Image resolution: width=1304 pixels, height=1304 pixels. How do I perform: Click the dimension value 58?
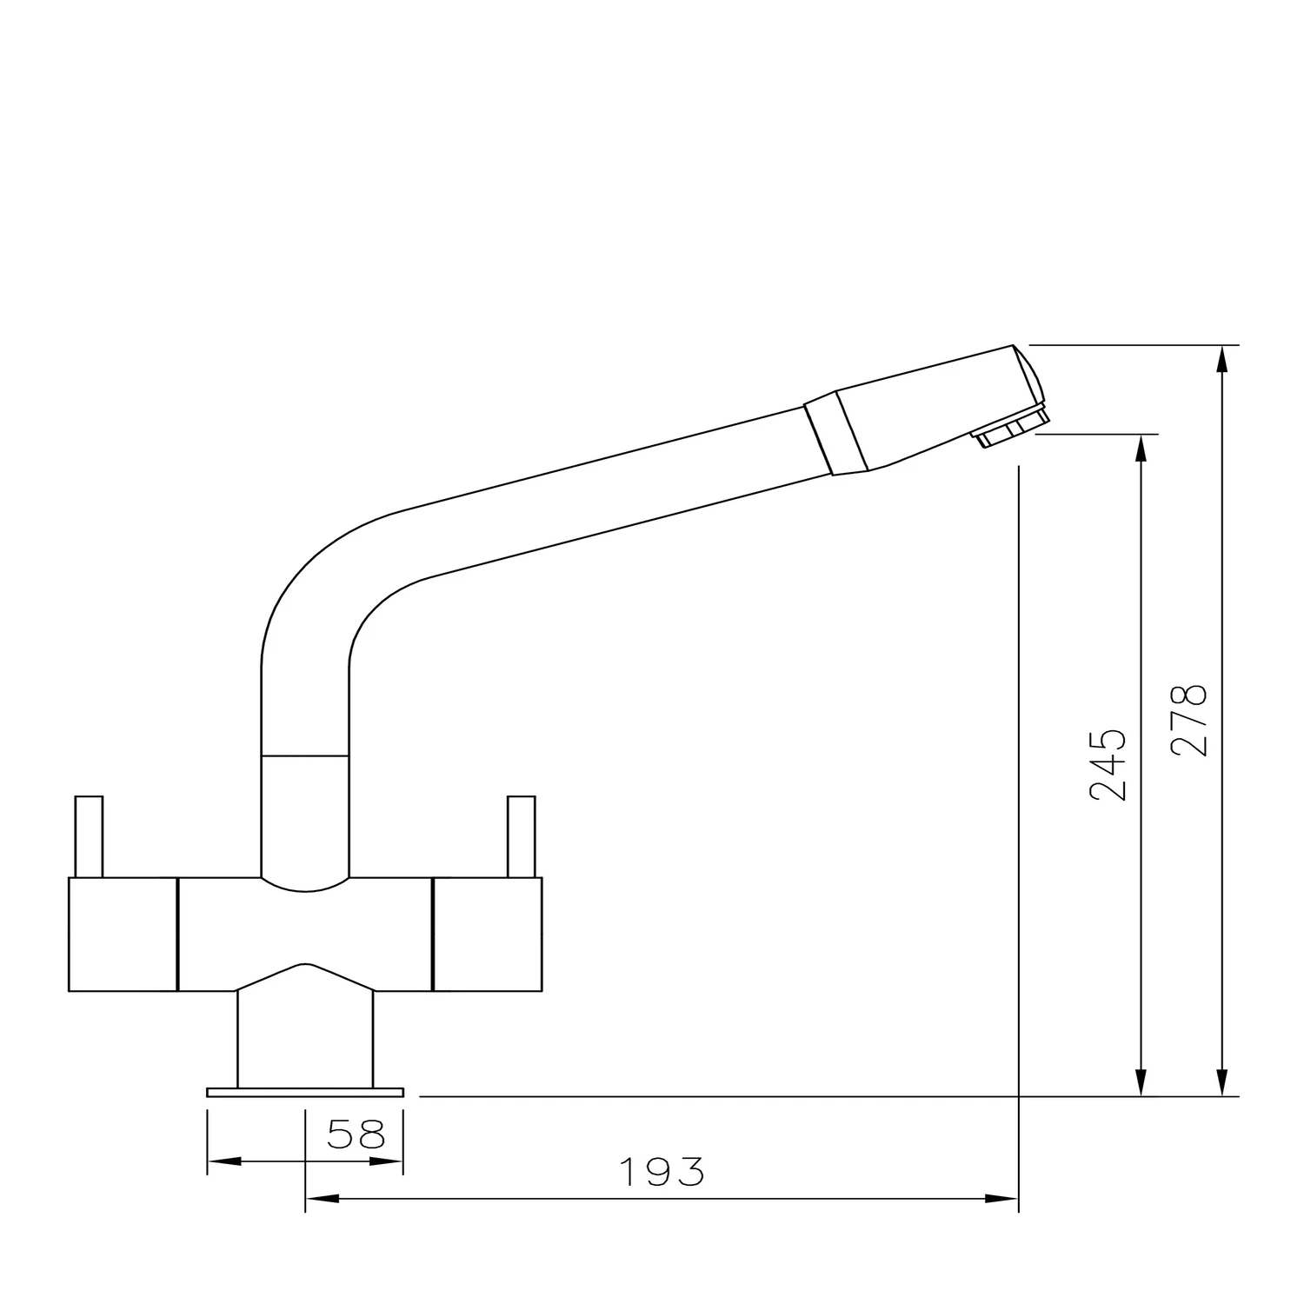click(x=356, y=1134)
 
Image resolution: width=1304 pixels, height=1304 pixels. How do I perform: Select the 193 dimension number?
click(x=662, y=1173)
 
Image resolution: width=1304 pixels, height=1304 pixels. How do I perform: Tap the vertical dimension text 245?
click(x=1108, y=764)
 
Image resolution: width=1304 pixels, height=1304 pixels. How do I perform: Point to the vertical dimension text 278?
click(x=1188, y=721)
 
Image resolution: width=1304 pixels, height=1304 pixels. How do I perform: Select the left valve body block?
click(x=122, y=935)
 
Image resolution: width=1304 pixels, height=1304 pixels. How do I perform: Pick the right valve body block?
click(x=487, y=935)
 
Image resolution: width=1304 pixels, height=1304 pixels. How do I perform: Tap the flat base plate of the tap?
click(x=305, y=1092)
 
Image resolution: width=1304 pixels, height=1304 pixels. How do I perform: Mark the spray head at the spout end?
click(x=939, y=409)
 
